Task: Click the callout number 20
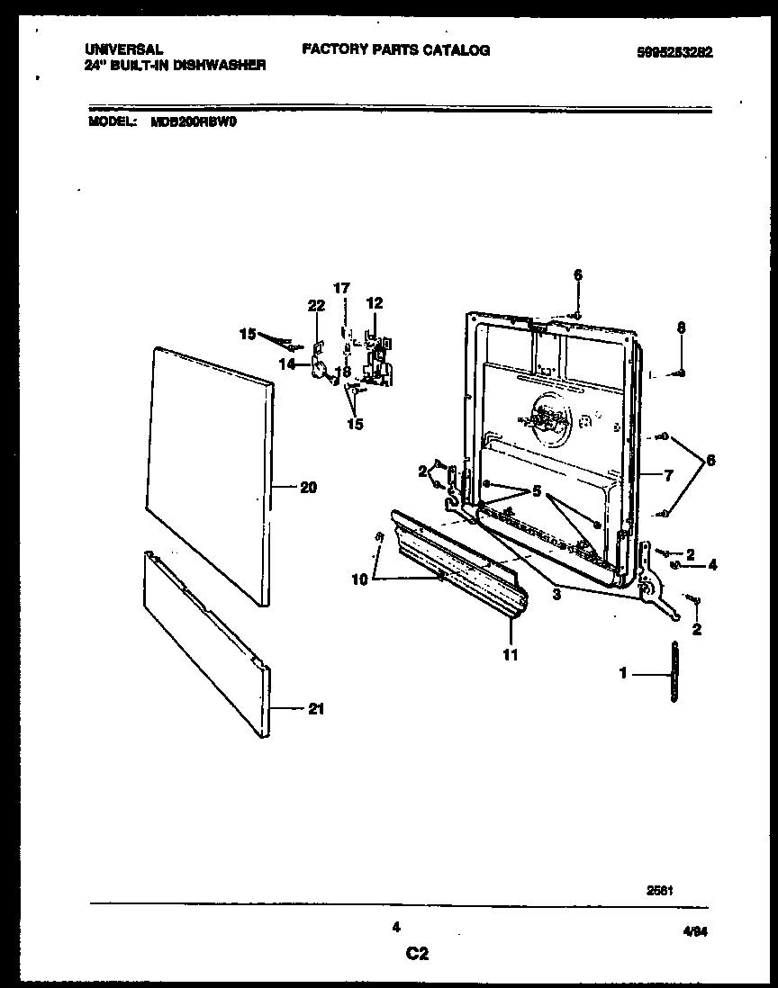pyautogui.click(x=308, y=488)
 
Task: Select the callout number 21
pyautogui.click(x=314, y=709)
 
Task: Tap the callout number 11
pyautogui.click(x=511, y=655)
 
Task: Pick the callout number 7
pyautogui.click(x=668, y=476)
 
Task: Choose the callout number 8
pyautogui.click(x=681, y=328)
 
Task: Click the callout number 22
pyautogui.click(x=315, y=306)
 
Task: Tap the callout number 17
pyautogui.click(x=341, y=289)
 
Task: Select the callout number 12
pyautogui.click(x=374, y=302)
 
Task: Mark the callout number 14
pyautogui.click(x=288, y=364)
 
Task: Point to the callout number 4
pyautogui.click(x=712, y=565)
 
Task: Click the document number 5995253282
pyautogui.click(x=674, y=52)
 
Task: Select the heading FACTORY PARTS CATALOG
pyautogui.click(x=395, y=50)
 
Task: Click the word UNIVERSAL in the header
pyautogui.click(x=123, y=50)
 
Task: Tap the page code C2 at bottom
pyautogui.click(x=416, y=955)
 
